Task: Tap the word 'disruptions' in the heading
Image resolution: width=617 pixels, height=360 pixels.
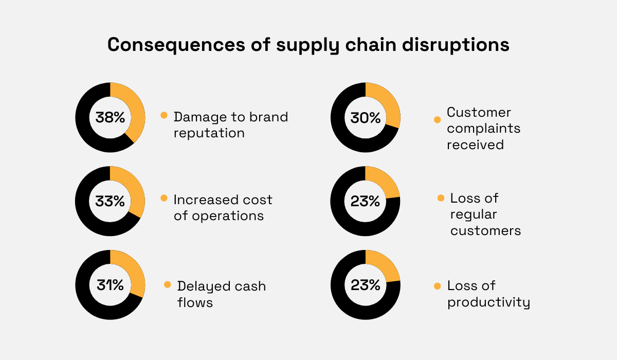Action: point(463,45)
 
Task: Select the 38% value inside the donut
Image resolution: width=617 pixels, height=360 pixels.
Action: point(110,118)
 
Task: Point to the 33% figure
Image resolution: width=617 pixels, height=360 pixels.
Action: point(110,202)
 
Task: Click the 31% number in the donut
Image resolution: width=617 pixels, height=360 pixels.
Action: point(110,285)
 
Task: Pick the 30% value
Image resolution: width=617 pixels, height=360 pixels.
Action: point(365,118)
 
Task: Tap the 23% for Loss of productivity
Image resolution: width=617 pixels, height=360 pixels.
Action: point(365,285)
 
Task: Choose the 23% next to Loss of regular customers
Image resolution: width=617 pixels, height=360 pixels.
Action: point(365,202)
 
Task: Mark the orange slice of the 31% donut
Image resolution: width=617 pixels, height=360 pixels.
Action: point(132,273)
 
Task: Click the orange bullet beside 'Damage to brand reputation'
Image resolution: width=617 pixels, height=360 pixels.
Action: point(164,115)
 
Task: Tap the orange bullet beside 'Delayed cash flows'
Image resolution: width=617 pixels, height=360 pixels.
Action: point(168,284)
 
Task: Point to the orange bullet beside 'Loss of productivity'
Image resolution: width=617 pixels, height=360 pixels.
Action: point(438,286)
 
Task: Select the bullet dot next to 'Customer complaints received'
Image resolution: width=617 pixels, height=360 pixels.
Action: point(438,119)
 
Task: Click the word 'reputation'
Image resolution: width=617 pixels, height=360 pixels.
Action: point(209,133)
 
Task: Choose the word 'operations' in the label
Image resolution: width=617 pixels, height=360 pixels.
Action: point(228,216)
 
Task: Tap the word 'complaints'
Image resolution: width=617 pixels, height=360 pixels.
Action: point(483,129)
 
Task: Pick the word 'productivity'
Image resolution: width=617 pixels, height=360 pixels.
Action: point(488,302)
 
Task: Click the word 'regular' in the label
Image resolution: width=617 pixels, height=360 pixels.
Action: point(475,214)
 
